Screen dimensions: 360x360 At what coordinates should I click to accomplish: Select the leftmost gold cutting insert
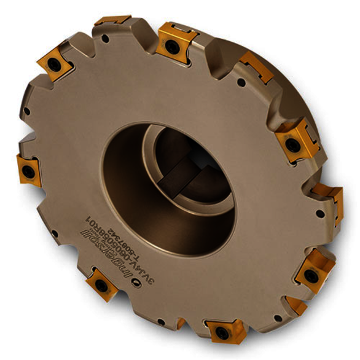click(28, 168)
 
